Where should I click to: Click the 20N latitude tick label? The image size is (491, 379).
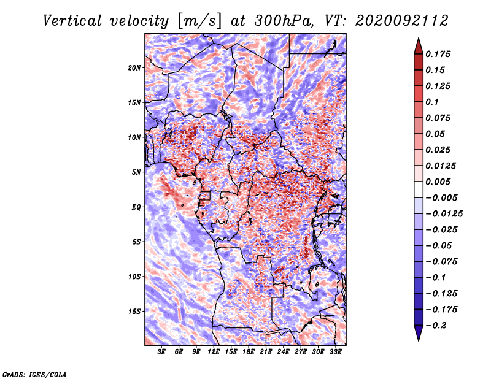point(134,68)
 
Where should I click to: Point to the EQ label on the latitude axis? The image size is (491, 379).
point(136,207)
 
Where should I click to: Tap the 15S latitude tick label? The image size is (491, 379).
point(134,312)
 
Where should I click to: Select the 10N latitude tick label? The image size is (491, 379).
point(134,137)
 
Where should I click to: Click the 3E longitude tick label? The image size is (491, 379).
point(161,351)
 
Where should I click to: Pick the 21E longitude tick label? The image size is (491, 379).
point(266,351)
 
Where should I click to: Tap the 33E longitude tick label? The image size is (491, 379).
point(335,351)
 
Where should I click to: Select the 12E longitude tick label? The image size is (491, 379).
point(213,351)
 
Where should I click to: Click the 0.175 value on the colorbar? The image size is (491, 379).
point(438,54)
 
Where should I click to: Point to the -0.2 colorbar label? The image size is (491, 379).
point(436,326)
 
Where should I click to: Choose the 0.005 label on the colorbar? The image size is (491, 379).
point(438,182)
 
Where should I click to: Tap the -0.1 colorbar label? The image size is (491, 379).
point(436,278)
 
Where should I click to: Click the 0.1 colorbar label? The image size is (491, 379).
point(432,102)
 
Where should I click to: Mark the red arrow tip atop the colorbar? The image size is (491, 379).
point(419,38)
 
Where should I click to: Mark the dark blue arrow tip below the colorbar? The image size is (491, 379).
point(419,340)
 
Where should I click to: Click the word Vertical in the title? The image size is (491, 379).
point(72,21)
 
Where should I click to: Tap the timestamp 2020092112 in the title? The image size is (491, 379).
point(402,21)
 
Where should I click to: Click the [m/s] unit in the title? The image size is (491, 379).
point(199,21)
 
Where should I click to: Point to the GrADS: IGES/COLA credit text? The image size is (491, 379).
point(34,374)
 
